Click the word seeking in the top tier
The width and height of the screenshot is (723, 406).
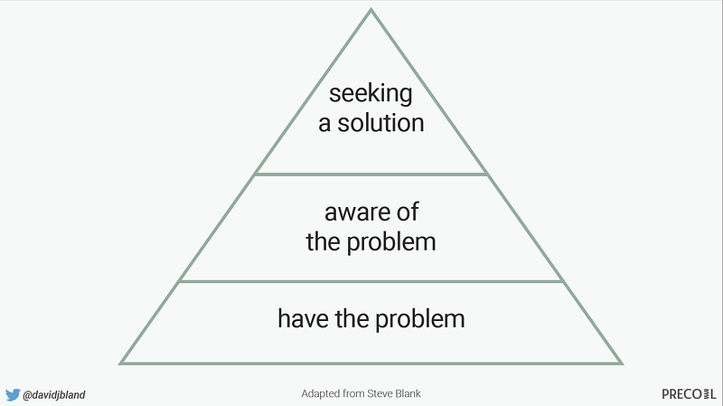pyautogui.click(x=371, y=94)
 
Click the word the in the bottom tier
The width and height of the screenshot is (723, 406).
pyautogui.click(x=354, y=318)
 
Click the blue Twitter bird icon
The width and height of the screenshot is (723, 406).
pyautogui.click(x=13, y=394)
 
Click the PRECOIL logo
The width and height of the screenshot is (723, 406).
pyautogui.click(x=687, y=394)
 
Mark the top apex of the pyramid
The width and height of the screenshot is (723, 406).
pyautogui.click(x=371, y=10)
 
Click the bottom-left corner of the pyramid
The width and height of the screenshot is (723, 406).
pyautogui.click(x=121, y=363)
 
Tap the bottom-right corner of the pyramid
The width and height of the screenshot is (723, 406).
pyautogui.click(x=621, y=363)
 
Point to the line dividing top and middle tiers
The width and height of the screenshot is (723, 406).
pyautogui.click(x=371, y=174)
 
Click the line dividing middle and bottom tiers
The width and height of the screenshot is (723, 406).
pyautogui.click(x=371, y=281)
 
